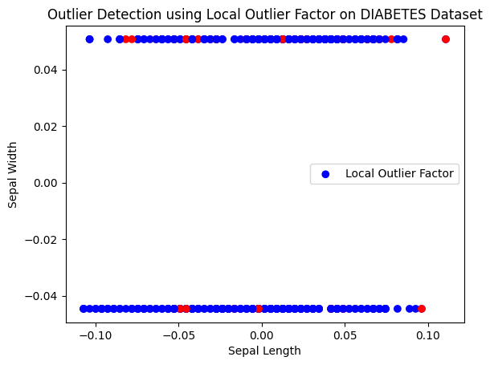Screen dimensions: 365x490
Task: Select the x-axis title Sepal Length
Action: (x=264, y=351)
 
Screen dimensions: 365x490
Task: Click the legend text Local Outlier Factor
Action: (x=399, y=173)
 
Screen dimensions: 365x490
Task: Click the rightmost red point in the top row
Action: (x=446, y=39)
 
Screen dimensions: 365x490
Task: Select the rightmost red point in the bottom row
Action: (x=422, y=308)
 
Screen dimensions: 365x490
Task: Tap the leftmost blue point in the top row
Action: (x=89, y=39)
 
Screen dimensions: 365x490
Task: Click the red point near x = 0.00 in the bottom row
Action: (x=259, y=308)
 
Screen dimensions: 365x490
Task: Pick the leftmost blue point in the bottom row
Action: (x=84, y=308)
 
